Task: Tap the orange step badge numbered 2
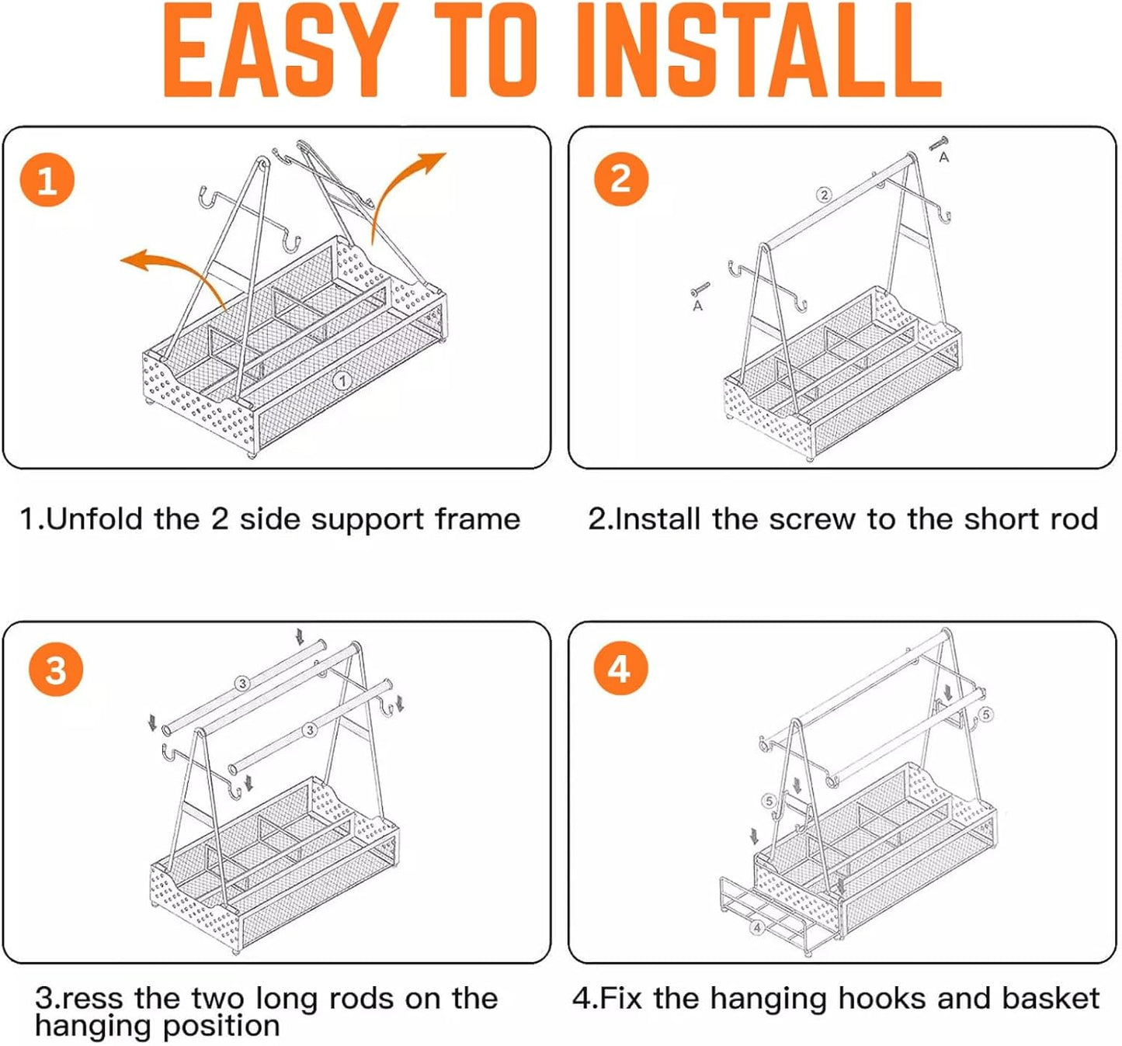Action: pyautogui.click(x=621, y=178)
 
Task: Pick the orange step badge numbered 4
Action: pyautogui.click(x=620, y=669)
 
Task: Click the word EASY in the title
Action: pyautogui.click(x=278, y=51)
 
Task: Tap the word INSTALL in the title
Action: pyautogui.click(x=758, y=51)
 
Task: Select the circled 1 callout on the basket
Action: pyautogui.click(x=342, y=381)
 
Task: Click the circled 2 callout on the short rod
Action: pyautogui.click(x=825, y=196)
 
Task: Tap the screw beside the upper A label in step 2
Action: pyautogui.click(x=939, y=144)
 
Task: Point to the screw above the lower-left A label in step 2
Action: pyautogui.click(x=700, y=289)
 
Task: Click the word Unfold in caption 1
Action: pyautogui.click(x=95, y=519)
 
